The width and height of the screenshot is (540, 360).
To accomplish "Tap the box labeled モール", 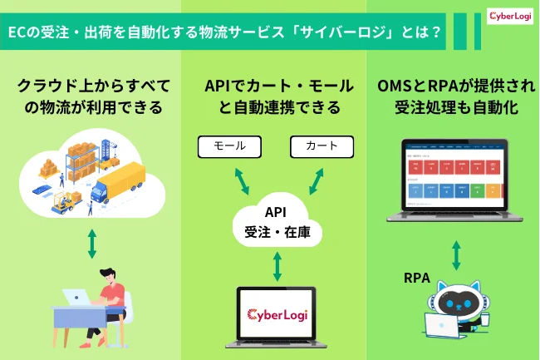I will pos(229,146).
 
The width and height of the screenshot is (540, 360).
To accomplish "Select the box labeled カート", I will pos(322,146).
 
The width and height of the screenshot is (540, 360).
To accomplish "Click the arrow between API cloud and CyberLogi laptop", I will pos(277,266).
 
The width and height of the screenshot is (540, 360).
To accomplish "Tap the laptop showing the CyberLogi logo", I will pos(277,315).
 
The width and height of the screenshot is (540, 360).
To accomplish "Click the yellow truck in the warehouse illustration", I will pos(120,182).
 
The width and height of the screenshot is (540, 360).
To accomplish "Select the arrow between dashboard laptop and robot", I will pos(456,254).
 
